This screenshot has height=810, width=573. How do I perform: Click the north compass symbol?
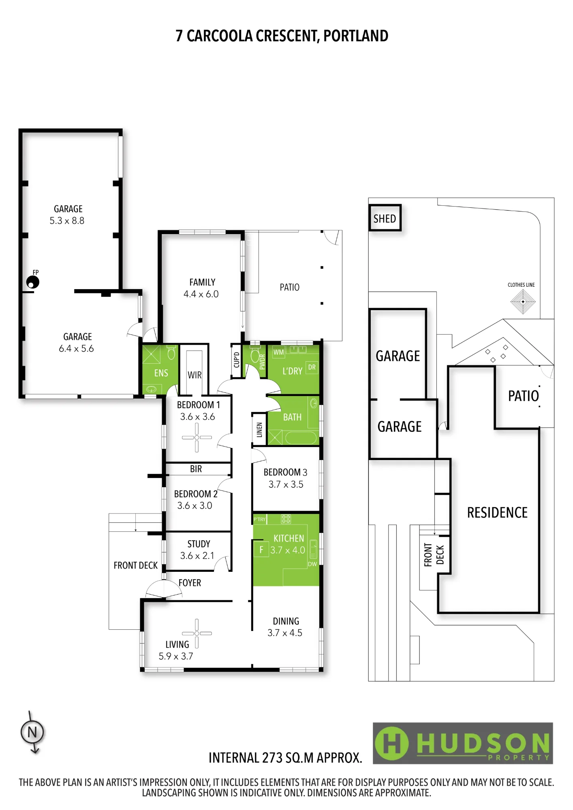pos(32,732)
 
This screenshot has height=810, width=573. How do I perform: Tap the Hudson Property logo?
pos(463,743)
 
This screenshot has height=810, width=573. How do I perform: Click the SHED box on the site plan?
pos(385,218)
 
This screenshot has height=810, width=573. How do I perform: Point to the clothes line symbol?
pos(523,301)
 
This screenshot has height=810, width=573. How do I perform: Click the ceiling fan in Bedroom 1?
pos(197,437)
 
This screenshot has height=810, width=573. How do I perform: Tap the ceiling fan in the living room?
pos(197,633)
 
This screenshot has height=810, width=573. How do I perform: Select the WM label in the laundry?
pos(278,352)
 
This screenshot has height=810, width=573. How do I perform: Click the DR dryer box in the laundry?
pos(312,367)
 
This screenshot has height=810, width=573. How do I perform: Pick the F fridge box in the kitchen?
pos(261,550)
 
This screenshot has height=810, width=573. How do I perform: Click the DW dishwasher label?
pos(312,564)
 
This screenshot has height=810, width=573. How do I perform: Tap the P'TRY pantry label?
pos(259,519)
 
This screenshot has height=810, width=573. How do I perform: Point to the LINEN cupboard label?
pos(259,430)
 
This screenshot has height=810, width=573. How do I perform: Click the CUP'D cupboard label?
pos(237,360)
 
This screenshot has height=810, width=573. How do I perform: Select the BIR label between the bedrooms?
pos(196,469)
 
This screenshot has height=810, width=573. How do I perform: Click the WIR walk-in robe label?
pos(195,375)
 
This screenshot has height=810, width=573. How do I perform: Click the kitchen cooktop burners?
pos(286,519)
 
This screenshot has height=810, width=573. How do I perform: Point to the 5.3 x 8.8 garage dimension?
pos(67,221)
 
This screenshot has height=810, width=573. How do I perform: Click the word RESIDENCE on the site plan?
pos(497,513)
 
